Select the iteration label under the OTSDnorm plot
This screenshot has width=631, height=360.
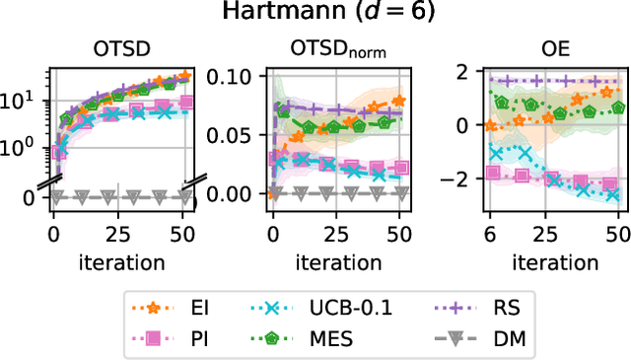pos(332,260)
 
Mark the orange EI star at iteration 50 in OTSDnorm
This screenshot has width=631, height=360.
pos(397,100)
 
